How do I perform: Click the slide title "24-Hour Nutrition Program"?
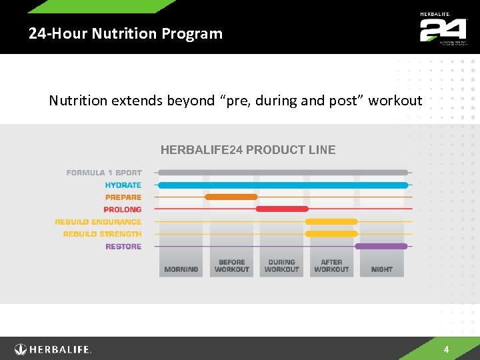tap(125, 33)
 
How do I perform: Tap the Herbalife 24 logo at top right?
tap(443, 28)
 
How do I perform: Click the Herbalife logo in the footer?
tap(53, 349)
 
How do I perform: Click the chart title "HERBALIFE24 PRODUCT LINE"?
tap(248, 150)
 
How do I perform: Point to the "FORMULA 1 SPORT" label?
tap(104, 173)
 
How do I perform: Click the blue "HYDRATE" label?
tap(123, 185)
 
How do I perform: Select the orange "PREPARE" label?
tap(123, 197)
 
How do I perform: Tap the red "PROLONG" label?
tap(123, 209)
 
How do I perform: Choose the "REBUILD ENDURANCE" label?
tap(98, 222)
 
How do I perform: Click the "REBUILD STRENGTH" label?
tap(102, 234)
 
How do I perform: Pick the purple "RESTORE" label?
tap(123, 247)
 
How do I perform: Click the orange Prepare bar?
tap(231, 197)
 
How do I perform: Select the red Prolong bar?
tap(281, 209)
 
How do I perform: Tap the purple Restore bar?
tap(381, 247)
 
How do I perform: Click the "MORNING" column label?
tap(181, 269)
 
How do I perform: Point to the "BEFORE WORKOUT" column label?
tap(231, 266)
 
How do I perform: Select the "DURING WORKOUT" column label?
tap(281, 266)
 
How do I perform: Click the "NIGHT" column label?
tap(381, 269)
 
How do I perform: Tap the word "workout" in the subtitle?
tap(395, 101)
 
